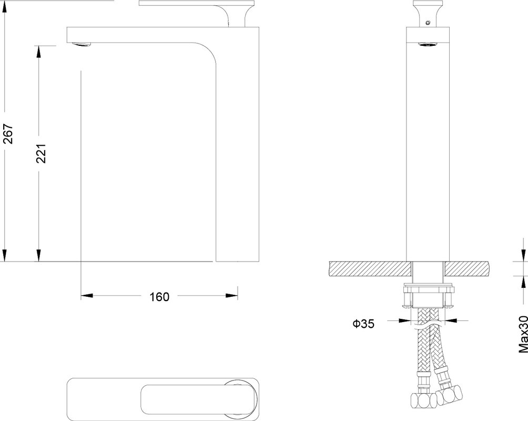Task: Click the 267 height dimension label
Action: point(8,134)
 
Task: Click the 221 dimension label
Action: point(40,153)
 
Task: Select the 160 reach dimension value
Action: point(159,297)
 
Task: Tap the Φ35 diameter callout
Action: point(363,324)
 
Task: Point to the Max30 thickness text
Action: point(523,334)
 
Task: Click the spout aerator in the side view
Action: point(82,44)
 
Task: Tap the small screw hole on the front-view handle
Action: point(428,23)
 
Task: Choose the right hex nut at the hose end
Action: point(450,396)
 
